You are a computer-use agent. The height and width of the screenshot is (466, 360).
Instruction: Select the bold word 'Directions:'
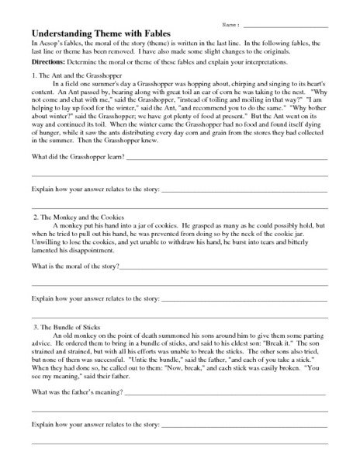coord(47,61)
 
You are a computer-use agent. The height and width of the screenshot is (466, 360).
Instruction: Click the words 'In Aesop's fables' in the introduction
coord(54,45)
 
